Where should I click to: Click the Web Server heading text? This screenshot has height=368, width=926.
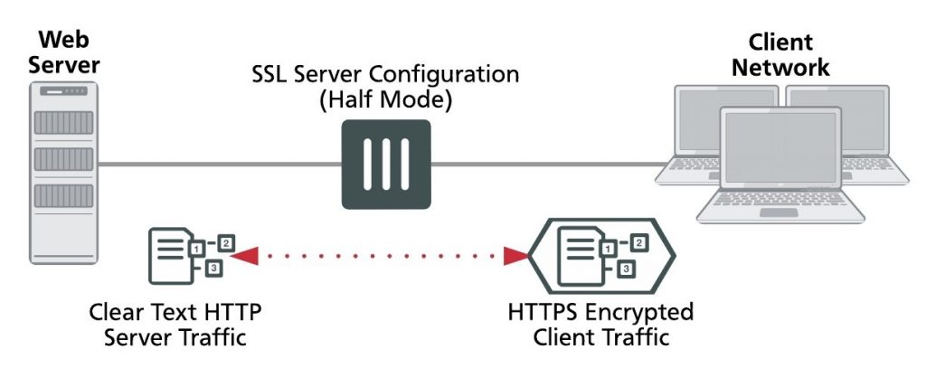coord(61,53)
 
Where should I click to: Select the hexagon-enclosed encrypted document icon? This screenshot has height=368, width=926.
coord(601,255)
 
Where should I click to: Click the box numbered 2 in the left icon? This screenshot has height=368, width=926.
coord(226,243)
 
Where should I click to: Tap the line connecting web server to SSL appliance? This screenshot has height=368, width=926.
coord(217,165)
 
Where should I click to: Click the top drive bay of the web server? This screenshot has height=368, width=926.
coord(62,122)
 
